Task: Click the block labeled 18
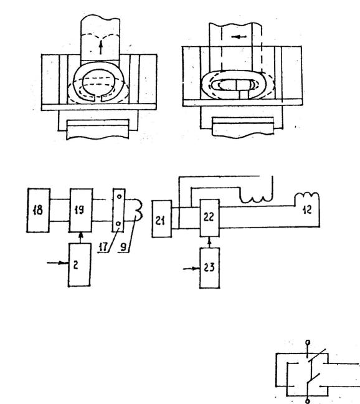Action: [39, 210]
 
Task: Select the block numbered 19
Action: [81, 210]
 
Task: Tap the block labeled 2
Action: [80, 264]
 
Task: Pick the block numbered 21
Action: [162, 218]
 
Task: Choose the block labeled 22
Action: [210, 218]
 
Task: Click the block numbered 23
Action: [210, 267]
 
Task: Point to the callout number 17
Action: [103, 248]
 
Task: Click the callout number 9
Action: [123, 247]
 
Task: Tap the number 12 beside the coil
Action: [307, 209]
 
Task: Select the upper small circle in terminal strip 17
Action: [119, 196]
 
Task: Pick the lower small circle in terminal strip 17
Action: [118, 224]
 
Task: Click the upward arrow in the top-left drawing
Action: [101, 47]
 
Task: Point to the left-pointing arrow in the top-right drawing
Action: [239, 37]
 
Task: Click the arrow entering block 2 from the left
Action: [58, 263]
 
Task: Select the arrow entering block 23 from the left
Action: [191, 269]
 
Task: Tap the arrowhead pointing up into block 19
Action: [81, 234]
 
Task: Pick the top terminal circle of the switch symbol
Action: [308, 342]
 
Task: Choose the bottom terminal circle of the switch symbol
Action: [307, 401]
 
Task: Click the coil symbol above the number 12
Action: [306, 196]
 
